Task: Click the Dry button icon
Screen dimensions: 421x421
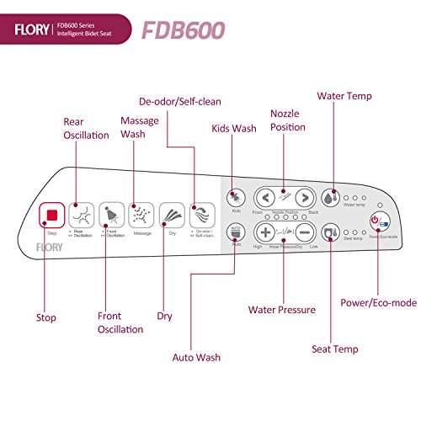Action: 170,214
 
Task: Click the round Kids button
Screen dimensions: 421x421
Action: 236,197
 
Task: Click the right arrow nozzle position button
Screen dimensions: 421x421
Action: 305,199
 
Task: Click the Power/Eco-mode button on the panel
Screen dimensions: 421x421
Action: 378,222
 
